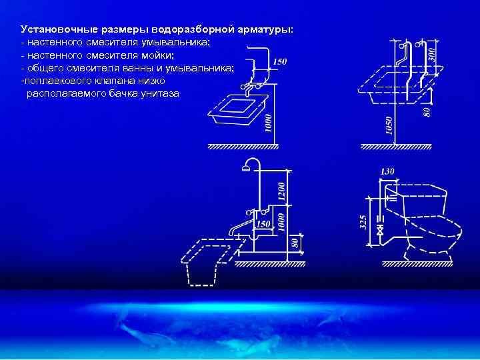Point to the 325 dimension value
[363, 223]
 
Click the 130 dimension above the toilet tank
[387, 171]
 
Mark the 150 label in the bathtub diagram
[264, 223]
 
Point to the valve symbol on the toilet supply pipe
[379, 230]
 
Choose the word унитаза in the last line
[159, 93]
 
